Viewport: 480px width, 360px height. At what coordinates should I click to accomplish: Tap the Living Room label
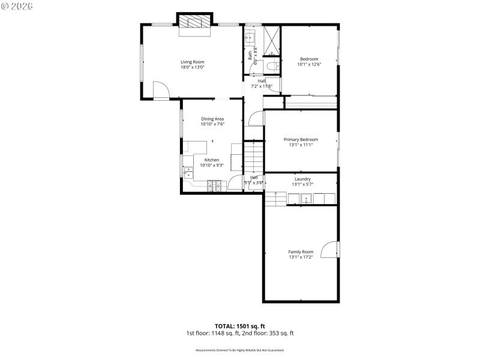[x=193, y=62]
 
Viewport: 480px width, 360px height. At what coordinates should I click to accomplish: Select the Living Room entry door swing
[x=160, y=91]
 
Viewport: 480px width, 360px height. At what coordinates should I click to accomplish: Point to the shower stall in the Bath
[x=271, y=39]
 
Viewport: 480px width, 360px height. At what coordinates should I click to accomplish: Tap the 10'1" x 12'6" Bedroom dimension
[x=309, y=64]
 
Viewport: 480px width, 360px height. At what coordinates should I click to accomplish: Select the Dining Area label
[x=212, y=119]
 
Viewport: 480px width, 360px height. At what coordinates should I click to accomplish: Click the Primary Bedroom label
[x=301, y=139]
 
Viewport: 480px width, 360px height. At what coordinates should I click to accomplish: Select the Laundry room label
[x=302, y=179]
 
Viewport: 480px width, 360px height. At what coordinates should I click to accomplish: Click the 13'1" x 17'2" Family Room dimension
[x=301, y=257]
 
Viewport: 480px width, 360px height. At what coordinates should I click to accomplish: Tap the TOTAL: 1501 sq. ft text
[x=239, y=326]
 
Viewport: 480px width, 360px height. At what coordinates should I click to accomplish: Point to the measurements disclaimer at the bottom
[x=239, y=350]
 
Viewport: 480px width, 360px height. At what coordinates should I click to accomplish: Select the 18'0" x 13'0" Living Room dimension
[x=193, y=67]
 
